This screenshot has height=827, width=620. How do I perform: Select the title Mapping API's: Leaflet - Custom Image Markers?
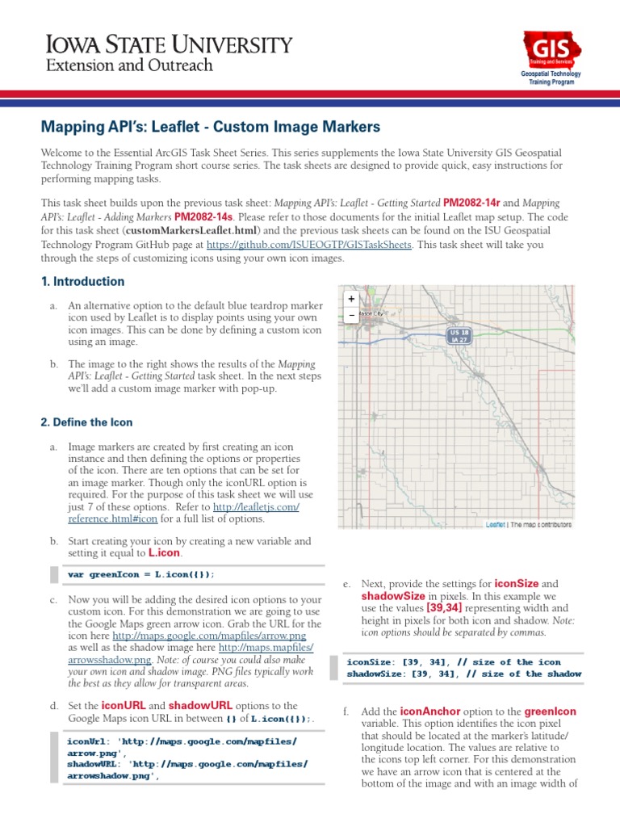(x=210, y=127)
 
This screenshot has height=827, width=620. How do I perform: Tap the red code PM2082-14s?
(x=203, y=217)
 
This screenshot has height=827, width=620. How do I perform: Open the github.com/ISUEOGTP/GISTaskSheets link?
(x=309, y=245)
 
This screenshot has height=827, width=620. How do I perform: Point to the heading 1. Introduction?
(x=82, y=282)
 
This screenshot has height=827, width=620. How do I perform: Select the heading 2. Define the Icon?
(x=86, y=422)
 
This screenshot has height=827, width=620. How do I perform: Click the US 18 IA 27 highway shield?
(x=459, y=336)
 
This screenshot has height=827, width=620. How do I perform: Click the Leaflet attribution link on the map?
(x=495, y=524)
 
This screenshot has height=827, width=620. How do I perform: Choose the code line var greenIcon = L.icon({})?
(x=141, y=574)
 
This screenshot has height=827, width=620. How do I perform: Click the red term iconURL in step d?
(x=121, y=706)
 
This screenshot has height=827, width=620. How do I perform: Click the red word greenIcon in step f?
(x=551, y=712)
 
